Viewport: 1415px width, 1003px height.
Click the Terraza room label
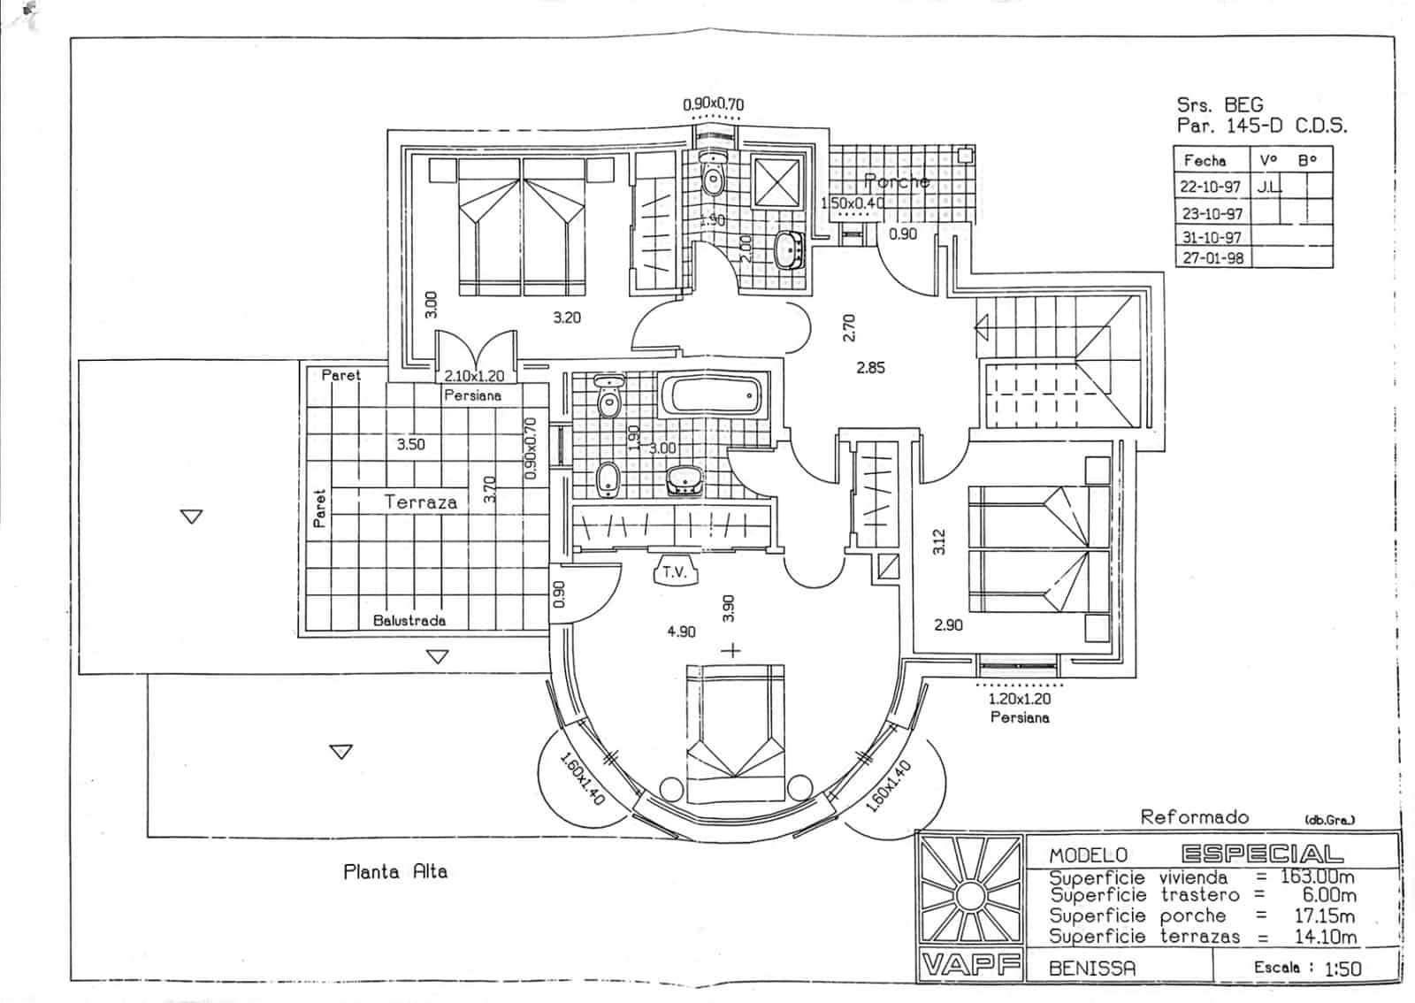(x=421, y=502)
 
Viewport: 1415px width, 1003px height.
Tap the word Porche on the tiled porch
(x=897, y=181)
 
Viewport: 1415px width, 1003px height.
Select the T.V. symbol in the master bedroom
(x=675, y=572)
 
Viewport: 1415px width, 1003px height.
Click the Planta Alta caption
(x=395, y=872)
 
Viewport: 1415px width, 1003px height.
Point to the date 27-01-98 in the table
(x=1212, y=258)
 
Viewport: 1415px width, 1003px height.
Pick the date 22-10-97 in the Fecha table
(x=1211, y=188)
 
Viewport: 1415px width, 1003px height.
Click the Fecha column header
(x=1205, y=161)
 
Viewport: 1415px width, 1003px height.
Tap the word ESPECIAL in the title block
(x=1262, y=854)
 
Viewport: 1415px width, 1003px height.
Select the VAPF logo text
(x=970, y=965)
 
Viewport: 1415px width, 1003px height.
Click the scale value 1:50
(x=1342, y=969)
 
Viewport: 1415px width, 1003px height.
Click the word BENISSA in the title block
(x=1092, y=968)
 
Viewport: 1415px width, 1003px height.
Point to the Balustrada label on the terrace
(x=409, y=621)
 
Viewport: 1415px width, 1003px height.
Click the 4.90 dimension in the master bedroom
(x=681, y=632)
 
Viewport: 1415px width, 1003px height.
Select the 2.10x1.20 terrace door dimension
(x=474, y=377)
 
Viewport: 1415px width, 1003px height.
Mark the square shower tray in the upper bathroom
(x=776, y=184)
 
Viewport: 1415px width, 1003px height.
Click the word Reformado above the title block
(x=1195, y=816)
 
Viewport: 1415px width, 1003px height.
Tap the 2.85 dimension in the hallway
(x=870, y=367)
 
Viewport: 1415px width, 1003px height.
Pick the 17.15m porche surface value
(x=1323, y=916)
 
